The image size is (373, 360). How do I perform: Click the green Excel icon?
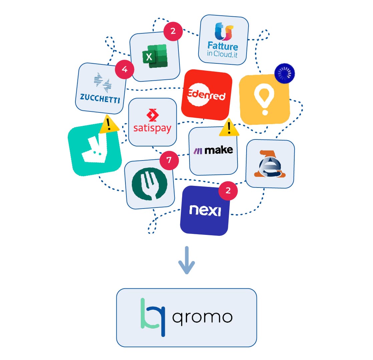click(x=155, y=56)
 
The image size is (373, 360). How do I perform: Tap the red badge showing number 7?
click(x=169, y=160)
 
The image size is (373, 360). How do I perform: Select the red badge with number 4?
click(x=124, y=69)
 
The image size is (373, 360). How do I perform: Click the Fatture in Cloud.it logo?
click(x=223, y=40)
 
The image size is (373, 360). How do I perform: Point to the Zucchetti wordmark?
click(x=100, y=98)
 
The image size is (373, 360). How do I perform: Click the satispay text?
click(x=152, y=128)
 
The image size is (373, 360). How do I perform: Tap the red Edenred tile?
click(x=207, y=95)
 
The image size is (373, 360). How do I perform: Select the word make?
click(x=219, y=150)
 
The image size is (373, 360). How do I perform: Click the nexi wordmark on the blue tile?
click(x=205, y=211)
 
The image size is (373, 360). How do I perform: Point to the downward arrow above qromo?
click(x=187, y=260)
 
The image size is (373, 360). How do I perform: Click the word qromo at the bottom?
click(x=203, y=318)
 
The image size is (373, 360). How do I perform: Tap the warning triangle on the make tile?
click(x=229, y=128)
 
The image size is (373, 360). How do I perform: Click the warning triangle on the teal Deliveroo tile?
click(x=109, y=124)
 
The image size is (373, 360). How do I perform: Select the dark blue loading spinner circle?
click(x=285, y=73)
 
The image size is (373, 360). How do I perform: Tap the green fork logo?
click(x=149, y=184)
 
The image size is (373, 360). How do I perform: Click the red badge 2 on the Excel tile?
click(x=173, y=31)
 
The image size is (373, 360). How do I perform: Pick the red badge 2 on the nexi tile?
click(x=228, y=191)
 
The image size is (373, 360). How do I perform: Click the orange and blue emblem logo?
click(x=270, y=164)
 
